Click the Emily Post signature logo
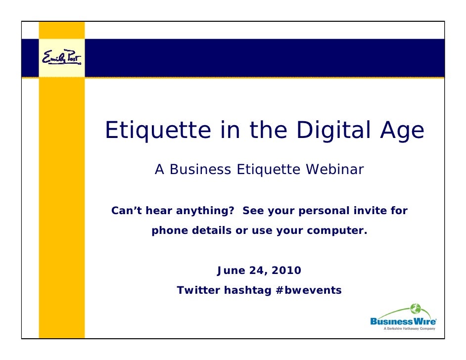coord(62,59)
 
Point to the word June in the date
coord(232,270)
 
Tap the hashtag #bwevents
coord(307,290)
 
